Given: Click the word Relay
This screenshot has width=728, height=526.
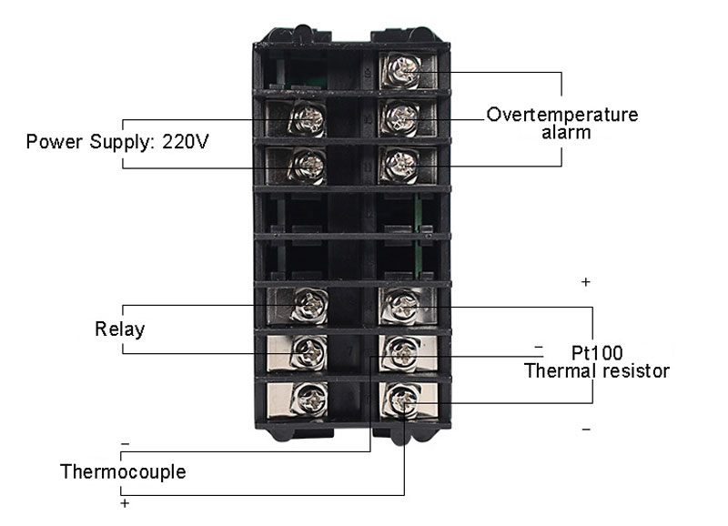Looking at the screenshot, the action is click(120, 329).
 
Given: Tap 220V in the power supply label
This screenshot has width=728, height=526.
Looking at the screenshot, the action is click(186, 142).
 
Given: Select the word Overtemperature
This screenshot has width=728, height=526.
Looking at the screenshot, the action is click(562, 115).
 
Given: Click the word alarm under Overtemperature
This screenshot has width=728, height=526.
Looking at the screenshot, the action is click(566, 133).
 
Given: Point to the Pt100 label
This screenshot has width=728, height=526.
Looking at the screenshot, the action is click(597, 353).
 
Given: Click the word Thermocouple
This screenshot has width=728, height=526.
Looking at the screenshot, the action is click(123, 471).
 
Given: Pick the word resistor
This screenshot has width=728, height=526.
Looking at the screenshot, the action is click(634, 371).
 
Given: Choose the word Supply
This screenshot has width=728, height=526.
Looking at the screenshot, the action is click(122, 142).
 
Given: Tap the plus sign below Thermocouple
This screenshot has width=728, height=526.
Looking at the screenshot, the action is click(125, 504).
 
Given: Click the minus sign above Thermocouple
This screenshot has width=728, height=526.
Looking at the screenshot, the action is click(125, 444).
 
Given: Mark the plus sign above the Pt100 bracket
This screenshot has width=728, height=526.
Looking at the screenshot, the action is click(586, 282).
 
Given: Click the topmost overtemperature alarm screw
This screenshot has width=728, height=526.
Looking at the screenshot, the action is click(402, 71).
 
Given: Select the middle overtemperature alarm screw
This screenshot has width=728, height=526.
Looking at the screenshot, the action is click(401, 117).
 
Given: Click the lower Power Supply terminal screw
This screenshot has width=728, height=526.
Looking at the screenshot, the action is click(308, 166).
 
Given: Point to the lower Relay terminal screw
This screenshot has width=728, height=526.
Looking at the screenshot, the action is click(309, 352).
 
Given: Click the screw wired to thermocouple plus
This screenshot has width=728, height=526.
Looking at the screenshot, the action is click(402, 400).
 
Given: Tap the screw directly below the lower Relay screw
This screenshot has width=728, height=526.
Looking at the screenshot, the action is click(309, 399).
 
